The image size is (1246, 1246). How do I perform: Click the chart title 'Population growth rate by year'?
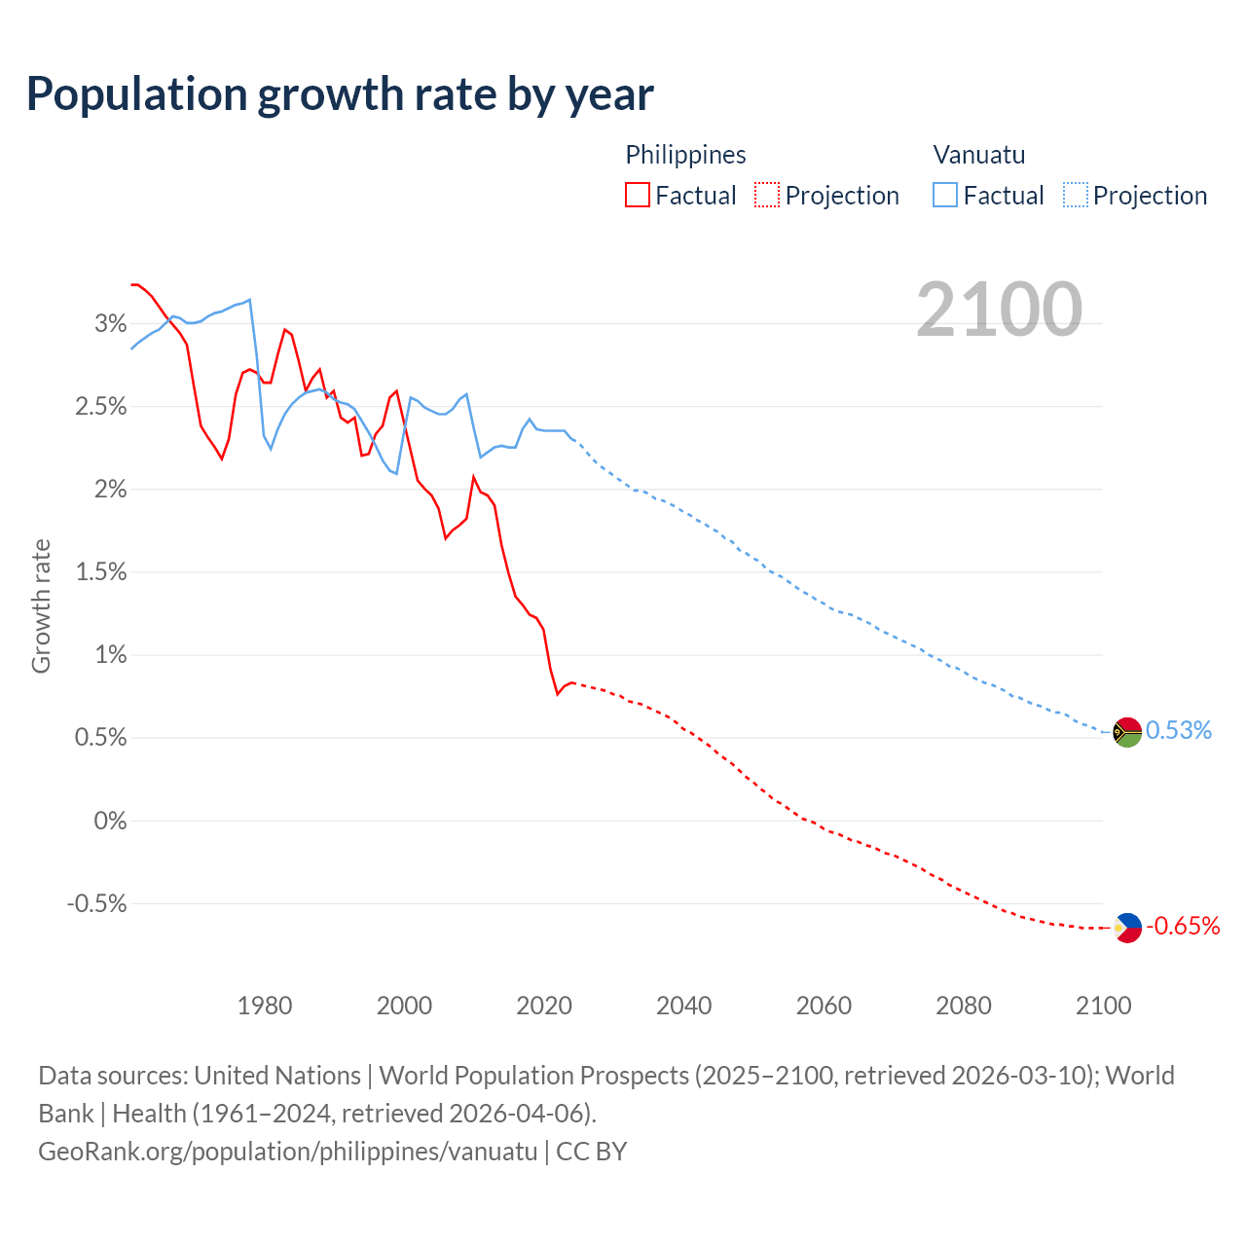[x=340, y=94]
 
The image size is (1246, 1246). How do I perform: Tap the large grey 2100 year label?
[x=999, y=310]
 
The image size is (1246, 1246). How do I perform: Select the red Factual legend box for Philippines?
[x=638, y=196]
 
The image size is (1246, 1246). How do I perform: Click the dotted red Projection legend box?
[x=767, y=196]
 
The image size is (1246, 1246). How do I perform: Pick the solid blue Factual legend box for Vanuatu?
[x=945, y=196]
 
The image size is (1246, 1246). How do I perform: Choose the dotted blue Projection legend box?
[x=1076, y=196]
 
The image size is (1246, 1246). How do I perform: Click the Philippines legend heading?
[x=685, y=155]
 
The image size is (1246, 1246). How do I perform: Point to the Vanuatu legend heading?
[x=978, y=155]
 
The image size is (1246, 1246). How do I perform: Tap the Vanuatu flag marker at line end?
[x=1127, y=731]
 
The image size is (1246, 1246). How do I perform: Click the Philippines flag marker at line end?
[x=1127, y=927]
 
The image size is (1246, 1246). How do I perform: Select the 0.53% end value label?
[x=1179, y=731]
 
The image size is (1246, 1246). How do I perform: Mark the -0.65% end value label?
[x=1183, y=927]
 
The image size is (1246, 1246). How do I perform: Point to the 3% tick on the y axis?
[x=110, y=324]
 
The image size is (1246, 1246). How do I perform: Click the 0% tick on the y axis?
[x=110, y=822]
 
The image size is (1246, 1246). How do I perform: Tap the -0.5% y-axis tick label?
[x=96, y=904]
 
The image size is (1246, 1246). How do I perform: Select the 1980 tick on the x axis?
[x=265, y=1006]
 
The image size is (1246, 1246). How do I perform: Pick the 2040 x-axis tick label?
[x=683, y=1006]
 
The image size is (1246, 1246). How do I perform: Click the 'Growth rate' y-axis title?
[x=41, y=605]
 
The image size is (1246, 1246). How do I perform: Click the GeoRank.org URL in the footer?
[x=287, y=1152]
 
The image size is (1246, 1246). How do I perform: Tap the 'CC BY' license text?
[x=592, y=1152]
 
